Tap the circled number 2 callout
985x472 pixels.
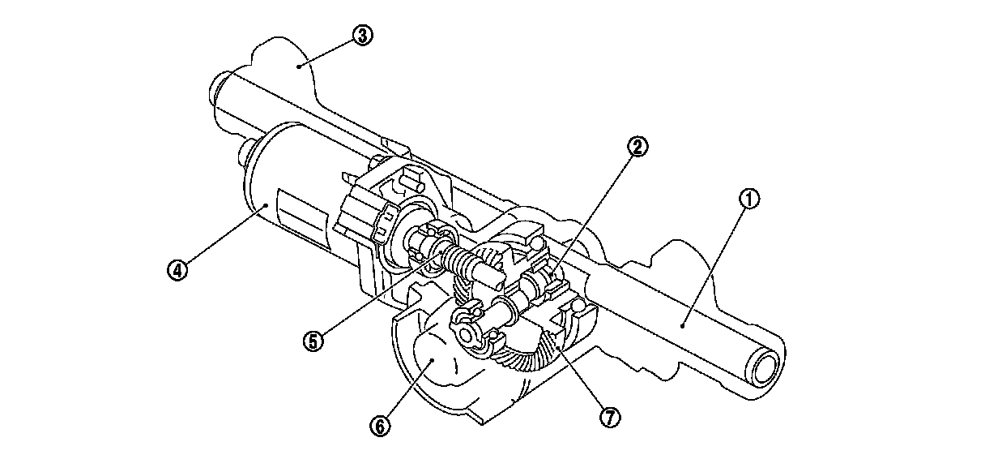[637, 147]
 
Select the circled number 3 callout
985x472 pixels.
[362, 36]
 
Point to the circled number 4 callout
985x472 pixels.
[177, 269]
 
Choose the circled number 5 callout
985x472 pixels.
[313, 341]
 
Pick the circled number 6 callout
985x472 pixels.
[380, 426]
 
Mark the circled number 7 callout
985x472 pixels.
[610, 417]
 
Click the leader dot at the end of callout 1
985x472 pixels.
[682, 325]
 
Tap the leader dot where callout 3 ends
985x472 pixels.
[298, 67]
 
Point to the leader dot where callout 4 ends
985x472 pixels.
[266, 204]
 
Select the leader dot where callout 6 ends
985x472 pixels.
[433, 360]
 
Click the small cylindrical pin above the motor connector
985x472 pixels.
[410, 182]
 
